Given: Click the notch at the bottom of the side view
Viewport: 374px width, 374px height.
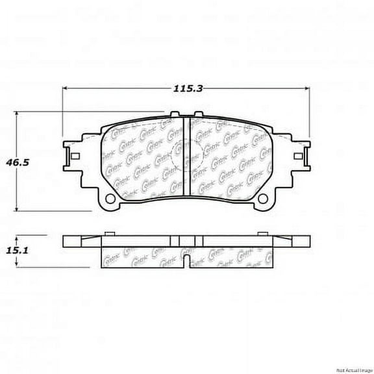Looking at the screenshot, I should point(186,263).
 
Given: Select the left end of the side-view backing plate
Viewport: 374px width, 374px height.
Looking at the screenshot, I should point(65,240).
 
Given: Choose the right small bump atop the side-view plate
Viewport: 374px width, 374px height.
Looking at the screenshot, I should point(260,232).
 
